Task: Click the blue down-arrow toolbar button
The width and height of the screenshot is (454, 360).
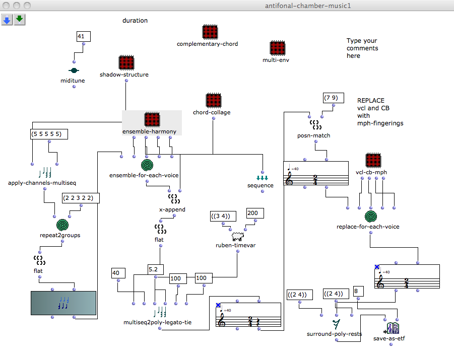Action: pyautogui.click(x=7, y=20)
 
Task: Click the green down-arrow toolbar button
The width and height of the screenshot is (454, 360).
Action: pyautogui.click(x=20, y=20)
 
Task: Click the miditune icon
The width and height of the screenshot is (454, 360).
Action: pyautogui.click(x=74, y=71)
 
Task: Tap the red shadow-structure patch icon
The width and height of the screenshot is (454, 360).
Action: pyautogui.click(x=125, y=62)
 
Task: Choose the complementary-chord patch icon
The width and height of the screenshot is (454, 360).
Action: pyautogui.click(x=210, y=32)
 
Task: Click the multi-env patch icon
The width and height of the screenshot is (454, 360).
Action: pyautogui.click(x=277, y=48)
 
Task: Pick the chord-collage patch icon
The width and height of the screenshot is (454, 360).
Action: pyautogui.click(x=214, y=100)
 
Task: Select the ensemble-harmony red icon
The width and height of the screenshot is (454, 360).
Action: pyautogui.click(x=152, y=119)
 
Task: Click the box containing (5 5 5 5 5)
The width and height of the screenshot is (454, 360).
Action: pyautogui.click(x=49, y=134)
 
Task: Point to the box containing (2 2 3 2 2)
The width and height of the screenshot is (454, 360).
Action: pyautogui.click(x=81, y=198)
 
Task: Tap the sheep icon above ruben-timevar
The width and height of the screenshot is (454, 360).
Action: pyautogui.click(x=237, y=236)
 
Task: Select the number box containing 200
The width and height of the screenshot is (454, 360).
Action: pyautogui.click(x=252, y=213)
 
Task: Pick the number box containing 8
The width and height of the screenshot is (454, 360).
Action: pyautogui.click(x=358, y=291)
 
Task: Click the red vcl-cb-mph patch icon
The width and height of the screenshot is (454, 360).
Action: pyautogui.click(x=372, y=160)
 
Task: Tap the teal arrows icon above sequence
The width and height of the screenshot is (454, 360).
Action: pyautogui.click(x=262, y=178)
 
